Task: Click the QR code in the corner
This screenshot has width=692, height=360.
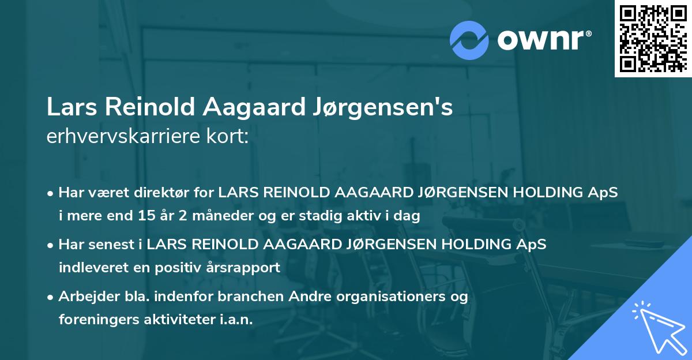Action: pyautogui.click(x=652, y=39)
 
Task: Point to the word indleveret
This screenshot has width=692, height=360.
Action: pyautogui.click(x=89, y=268)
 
